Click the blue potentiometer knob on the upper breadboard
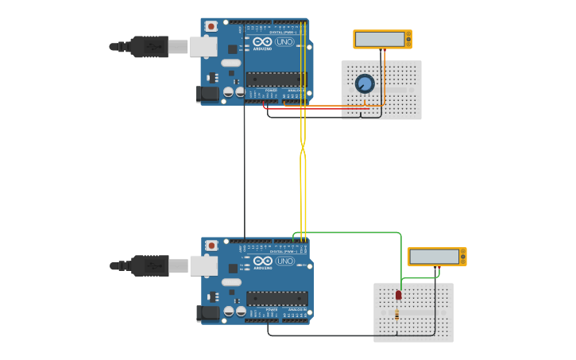click(365, 83)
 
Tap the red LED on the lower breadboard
click(398, 295)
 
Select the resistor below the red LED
click(397, 315)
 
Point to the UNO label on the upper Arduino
click(284, 42)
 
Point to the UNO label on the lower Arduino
click(284, 261)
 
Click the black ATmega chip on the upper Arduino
click(276, 79)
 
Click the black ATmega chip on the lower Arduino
click(276, 298)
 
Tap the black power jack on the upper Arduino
click(207, 94)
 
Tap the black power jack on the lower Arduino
click(207, 313)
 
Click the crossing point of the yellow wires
click(303, 146)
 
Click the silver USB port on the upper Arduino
click(203, 47)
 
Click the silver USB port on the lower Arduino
click(203, 265)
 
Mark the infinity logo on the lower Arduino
click(263, 261)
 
